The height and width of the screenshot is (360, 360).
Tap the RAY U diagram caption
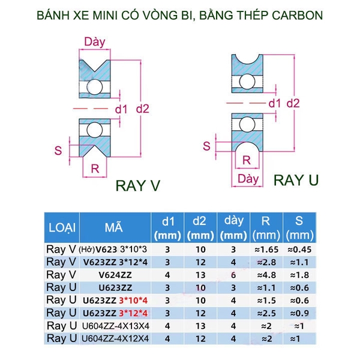296,180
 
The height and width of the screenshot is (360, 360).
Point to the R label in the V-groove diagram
95,169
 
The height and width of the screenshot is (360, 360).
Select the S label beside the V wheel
59,150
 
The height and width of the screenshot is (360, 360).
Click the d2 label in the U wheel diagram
293,103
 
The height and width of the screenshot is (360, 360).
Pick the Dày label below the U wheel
248,179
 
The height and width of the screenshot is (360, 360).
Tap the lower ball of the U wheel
248,124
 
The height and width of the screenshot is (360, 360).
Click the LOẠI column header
61,227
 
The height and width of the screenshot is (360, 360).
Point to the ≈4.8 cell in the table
263,274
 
